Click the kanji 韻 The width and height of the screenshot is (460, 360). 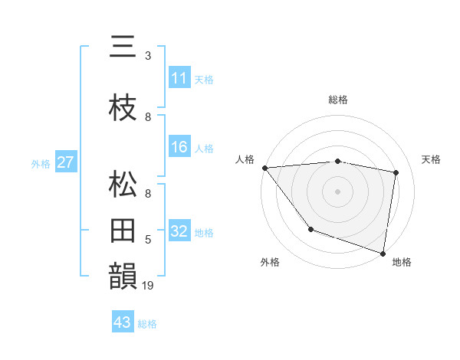coord(123,277)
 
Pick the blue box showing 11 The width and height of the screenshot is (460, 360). coord(179,77)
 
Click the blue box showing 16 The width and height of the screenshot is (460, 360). coord(179,147)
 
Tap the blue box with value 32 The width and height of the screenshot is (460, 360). coord(179,231)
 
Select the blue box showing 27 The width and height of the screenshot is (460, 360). coord(65,162)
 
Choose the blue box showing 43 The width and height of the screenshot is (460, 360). coord(123,322)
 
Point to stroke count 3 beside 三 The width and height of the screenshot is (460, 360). coord(147,56)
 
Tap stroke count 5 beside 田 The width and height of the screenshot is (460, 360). coord(147,240)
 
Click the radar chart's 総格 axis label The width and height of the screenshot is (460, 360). coord(337,100)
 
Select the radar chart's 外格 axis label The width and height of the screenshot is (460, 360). coord(270,263)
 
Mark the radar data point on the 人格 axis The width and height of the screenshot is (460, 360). coord(264,168)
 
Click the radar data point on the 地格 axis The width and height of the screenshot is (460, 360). coord(383,253)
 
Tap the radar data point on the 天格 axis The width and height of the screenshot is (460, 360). coord(396,172)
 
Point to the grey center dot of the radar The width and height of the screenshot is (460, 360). coord(337,191)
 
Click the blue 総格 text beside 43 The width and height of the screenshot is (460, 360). coord(147,324)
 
